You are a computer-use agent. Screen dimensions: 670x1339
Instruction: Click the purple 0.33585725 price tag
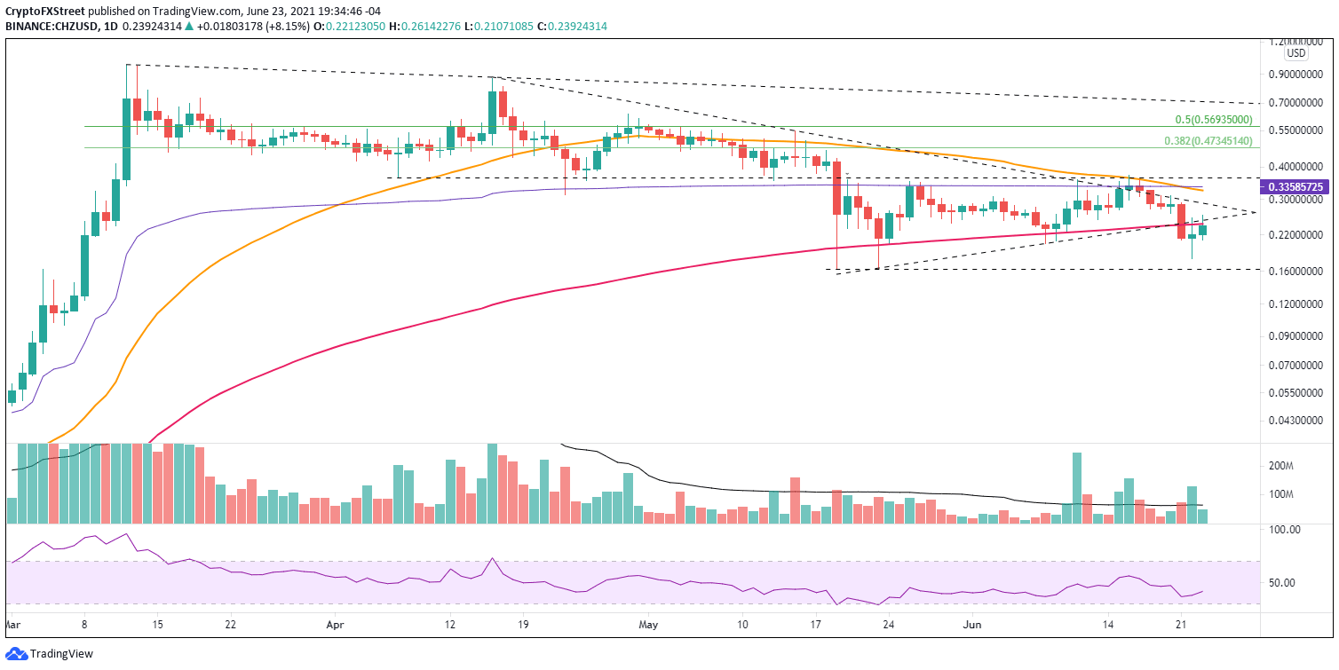click(1298, 188)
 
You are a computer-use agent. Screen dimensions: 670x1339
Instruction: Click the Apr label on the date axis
click(335, 625)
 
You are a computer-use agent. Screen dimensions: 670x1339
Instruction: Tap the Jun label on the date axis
click(972, 625)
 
